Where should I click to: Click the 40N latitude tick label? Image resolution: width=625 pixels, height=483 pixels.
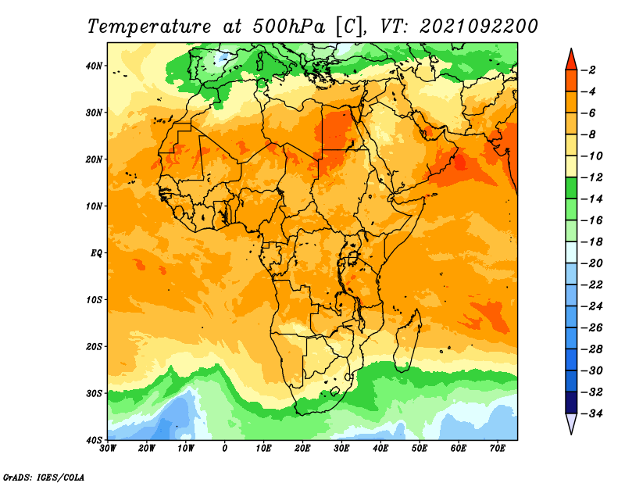click(94, 66)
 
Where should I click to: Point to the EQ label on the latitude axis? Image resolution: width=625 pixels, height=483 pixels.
click(96, 253)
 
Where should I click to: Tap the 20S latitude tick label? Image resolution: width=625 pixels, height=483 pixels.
click(94, 346)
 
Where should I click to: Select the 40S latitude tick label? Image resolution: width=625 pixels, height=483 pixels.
click(94, 440)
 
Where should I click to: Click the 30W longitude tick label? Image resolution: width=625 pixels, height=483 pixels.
click(108, 449)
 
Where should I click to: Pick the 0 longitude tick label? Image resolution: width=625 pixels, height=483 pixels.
click(225, 449)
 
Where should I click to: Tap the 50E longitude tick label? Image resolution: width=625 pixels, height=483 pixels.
click(420, 449)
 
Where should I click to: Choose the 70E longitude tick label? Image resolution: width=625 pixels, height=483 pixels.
click(498, 449)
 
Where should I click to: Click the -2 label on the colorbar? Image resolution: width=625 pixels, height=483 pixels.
click(588, 70)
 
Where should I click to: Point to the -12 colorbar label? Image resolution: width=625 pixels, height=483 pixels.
click(592, 177)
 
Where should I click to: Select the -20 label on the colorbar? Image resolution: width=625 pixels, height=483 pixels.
click(592, 263)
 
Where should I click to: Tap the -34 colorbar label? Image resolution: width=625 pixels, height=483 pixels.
click(592, 413)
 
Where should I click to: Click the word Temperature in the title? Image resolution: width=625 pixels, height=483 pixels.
click(149, 27)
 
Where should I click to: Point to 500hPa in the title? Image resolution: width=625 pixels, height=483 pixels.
click(288, 27)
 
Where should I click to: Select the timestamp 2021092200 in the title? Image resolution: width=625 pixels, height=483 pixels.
click(479, 27)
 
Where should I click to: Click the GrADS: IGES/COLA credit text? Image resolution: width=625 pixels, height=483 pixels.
click(44, 477)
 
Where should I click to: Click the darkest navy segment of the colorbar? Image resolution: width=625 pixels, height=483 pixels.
click(571, 402)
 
